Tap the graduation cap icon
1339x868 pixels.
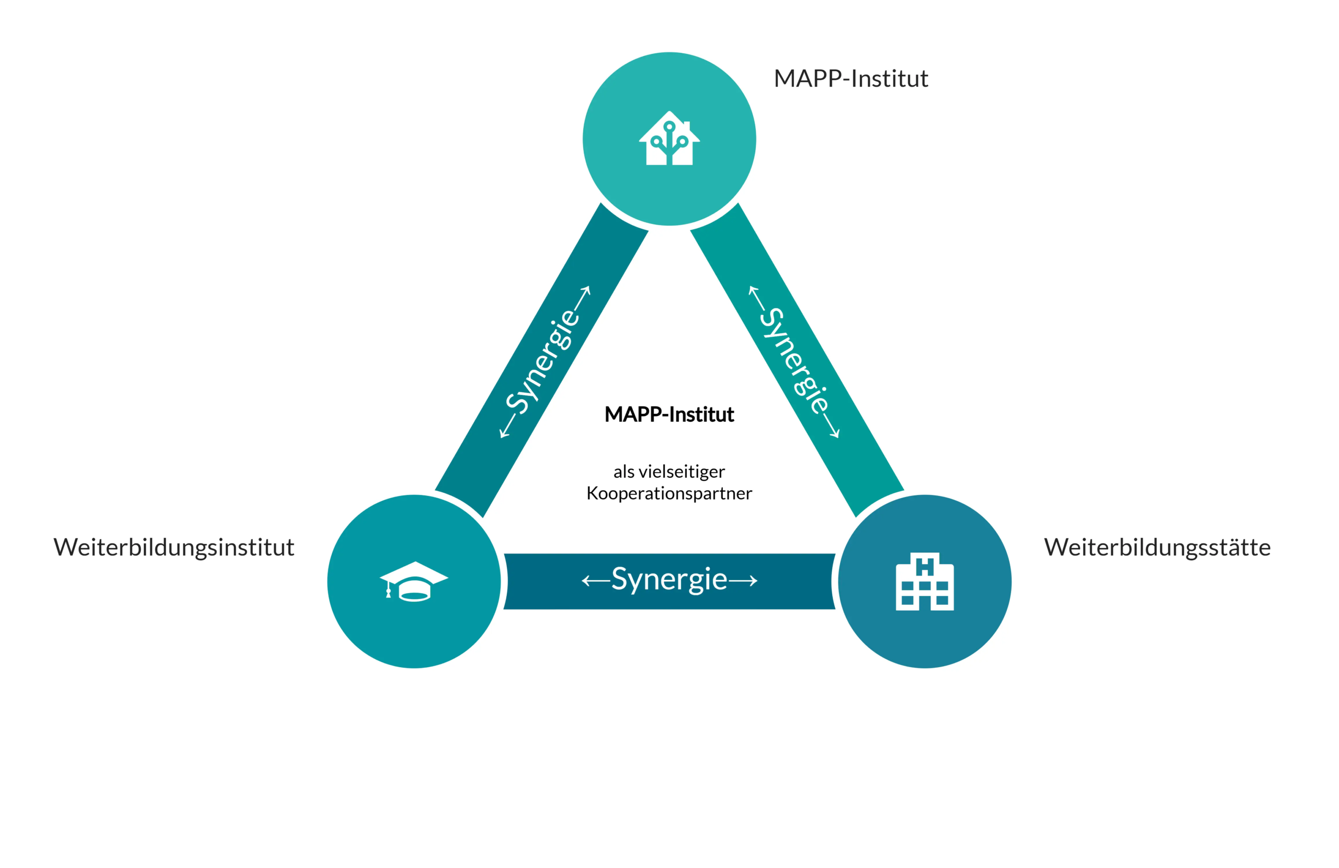tap(414, 581)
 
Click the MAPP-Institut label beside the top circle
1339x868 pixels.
tap(850, 78)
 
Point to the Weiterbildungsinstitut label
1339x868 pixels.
tap(174, 547)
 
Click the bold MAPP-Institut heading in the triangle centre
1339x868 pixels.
tap(669, 414)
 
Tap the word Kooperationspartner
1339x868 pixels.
tap(669, 493)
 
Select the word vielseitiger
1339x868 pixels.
tap(682, 471)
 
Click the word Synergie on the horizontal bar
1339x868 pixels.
tap(669, 579)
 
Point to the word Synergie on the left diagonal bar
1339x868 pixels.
tap(542, 361)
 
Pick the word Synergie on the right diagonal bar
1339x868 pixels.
tap(795, 361)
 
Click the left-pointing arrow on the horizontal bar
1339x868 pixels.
tap(595, 581)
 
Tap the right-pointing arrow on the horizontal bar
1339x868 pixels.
tap(743, 581)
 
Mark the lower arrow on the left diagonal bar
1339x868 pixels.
tap(507, 426)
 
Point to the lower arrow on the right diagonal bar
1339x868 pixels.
tap(831, 426)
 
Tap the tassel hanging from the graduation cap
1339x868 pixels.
tap(388, 591)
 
